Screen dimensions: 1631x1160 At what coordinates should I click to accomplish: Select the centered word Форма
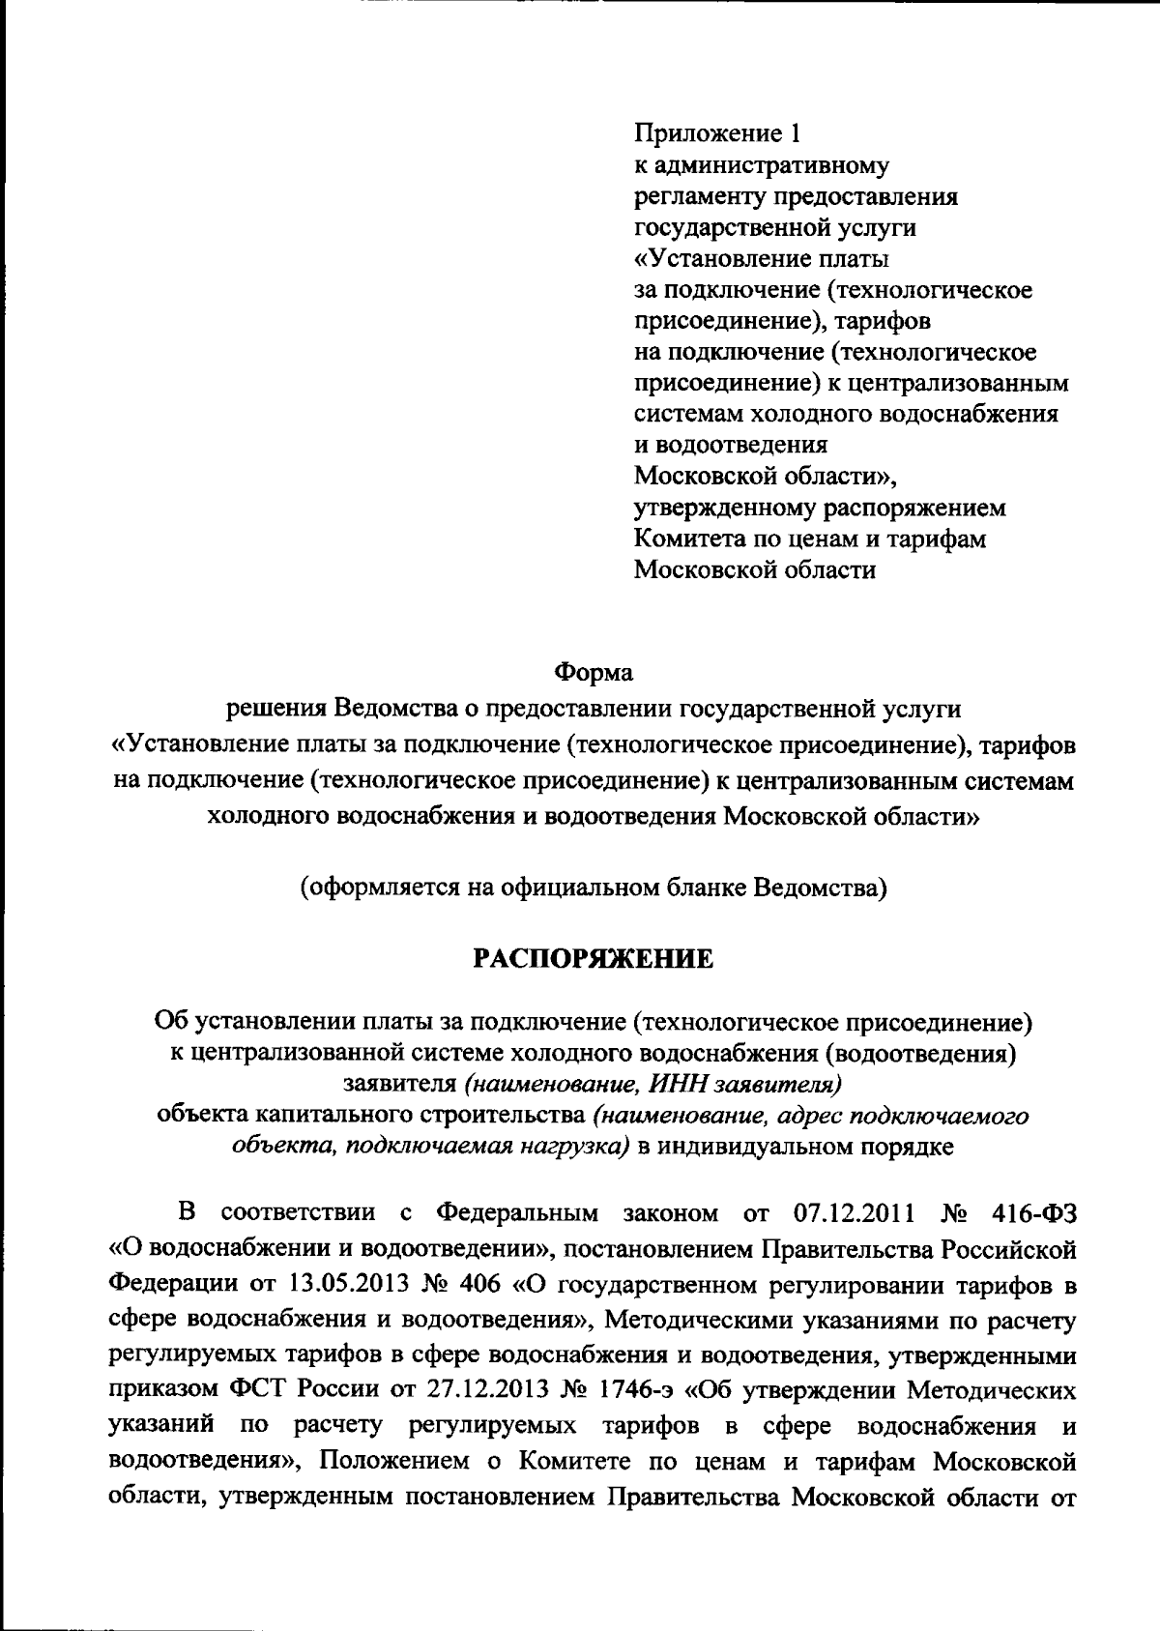[593, 671]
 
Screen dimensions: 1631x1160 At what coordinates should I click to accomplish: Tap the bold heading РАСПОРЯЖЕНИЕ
[593, 958]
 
